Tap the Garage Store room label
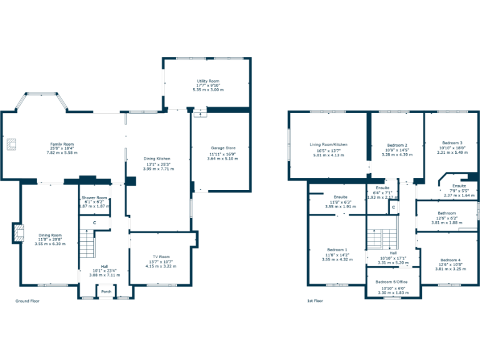222,148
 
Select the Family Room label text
62,144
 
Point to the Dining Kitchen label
157,159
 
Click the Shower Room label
94,198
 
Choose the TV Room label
161,257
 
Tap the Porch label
106,291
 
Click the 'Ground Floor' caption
27,301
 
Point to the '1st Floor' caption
314,301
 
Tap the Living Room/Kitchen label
328,144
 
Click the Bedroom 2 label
397,145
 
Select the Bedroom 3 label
452,142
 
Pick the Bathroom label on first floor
446,213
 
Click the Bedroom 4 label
449,260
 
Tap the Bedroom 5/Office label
392,282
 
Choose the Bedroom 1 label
337,250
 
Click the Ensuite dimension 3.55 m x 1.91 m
337,206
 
